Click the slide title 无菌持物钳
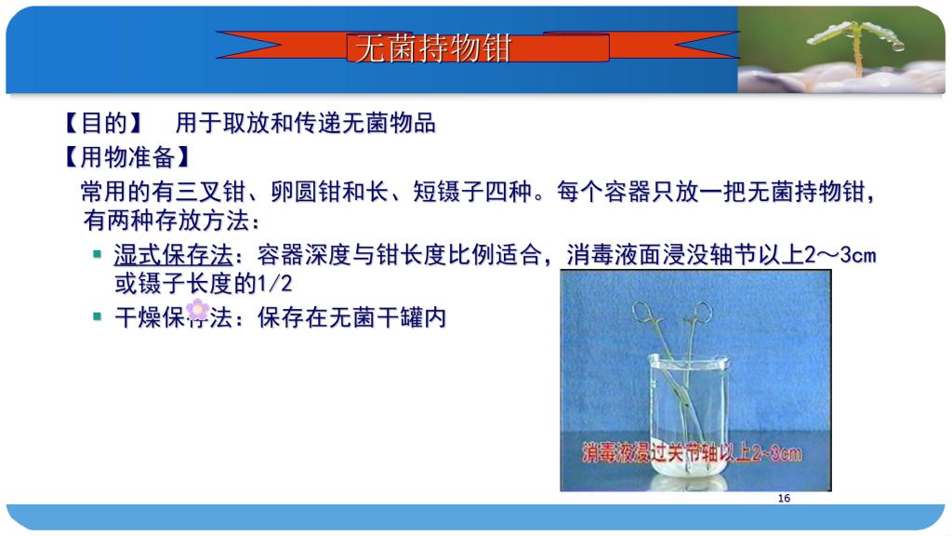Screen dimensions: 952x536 (x=432, y=48)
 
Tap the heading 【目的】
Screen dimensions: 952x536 (x=102, y=123)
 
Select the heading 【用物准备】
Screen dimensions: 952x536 (x=126, y=156)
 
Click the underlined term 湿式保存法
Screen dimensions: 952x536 (x=174, y=255)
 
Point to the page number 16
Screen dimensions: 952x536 (x=784, y=499)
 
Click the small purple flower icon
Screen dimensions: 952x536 (x=197, y=310)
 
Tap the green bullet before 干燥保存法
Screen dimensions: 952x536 (x=97, y=316)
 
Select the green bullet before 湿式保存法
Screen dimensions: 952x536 (x=97, y=254)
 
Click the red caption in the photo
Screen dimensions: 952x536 (x=692, y=453)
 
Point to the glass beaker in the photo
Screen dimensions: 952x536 (x=688, y=420)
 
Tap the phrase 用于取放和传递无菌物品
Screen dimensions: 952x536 (x=305, y=123)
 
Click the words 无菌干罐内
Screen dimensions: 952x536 (x=388, y=317)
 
